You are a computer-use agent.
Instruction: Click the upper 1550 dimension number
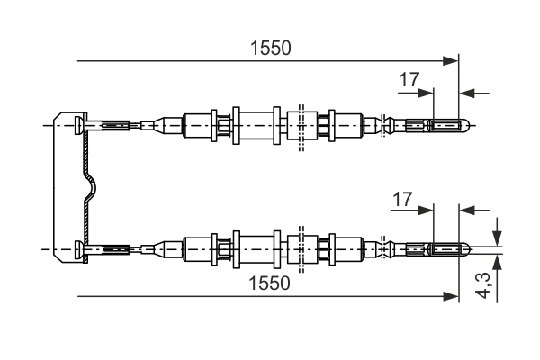tap(271, 48)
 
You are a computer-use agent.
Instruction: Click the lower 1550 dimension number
tap(271, 283)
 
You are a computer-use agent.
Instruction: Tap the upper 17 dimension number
tap(409, 79)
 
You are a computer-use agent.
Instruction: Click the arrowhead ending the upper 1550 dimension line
tap(453, 61)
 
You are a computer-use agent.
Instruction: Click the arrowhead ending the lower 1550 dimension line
tap(453, 295)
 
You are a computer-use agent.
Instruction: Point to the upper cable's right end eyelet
tap(446, 125)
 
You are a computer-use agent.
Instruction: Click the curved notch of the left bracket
tap(91, 186)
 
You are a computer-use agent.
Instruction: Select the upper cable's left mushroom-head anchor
tap(80, 125)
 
